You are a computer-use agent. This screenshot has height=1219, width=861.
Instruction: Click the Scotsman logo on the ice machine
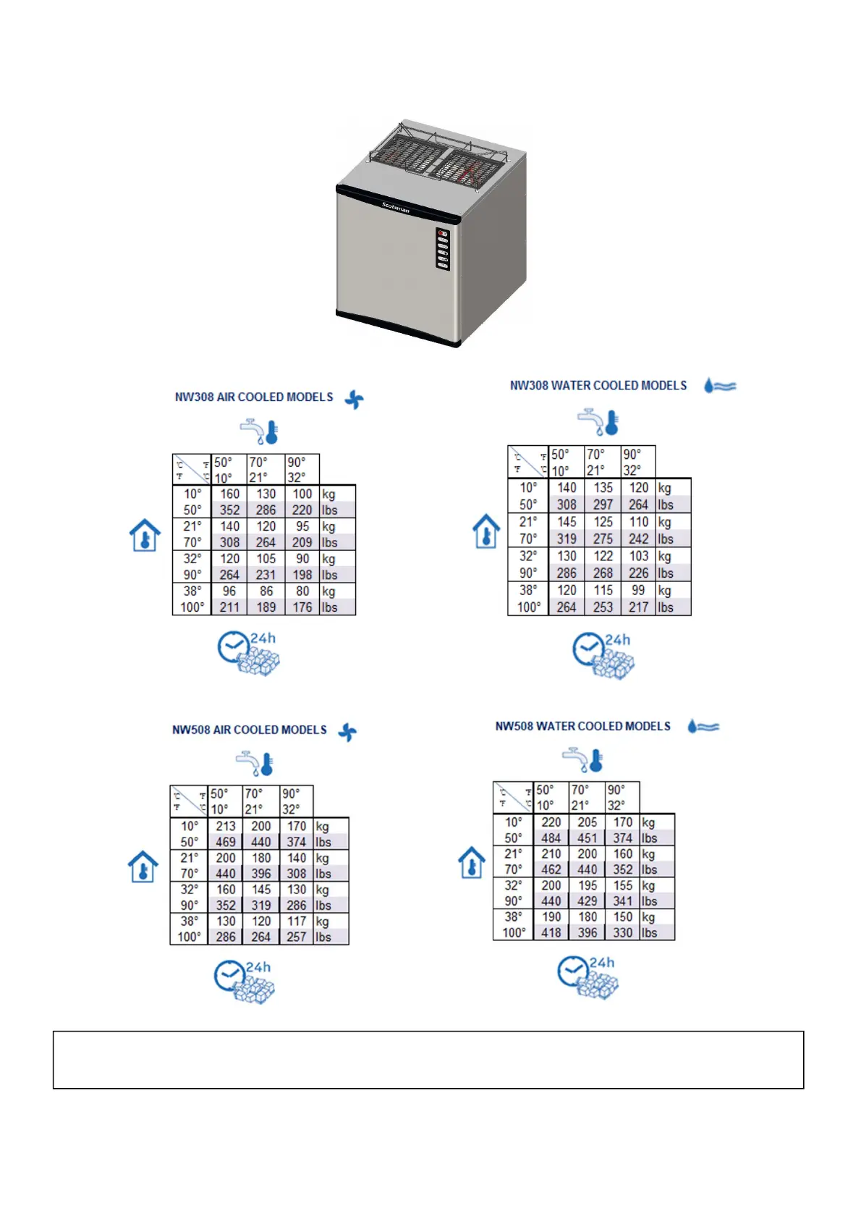[396, 207]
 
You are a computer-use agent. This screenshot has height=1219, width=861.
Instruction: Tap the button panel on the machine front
[443, 249]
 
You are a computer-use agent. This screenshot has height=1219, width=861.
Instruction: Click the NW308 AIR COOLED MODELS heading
[254, 397]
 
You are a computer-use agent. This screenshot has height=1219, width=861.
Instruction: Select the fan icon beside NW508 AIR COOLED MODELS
[348, 732]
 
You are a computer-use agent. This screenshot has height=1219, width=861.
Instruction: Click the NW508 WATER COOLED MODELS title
[582, 726]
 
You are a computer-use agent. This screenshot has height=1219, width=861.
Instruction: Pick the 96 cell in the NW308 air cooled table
[229, 591]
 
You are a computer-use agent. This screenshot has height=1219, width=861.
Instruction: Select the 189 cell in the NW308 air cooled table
[266, 607]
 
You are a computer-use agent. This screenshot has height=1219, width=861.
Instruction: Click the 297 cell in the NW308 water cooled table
[603, 505]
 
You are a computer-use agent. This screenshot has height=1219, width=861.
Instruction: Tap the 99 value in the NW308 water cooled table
[638, 591]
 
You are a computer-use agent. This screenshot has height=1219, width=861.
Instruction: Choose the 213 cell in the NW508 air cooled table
[226, 826]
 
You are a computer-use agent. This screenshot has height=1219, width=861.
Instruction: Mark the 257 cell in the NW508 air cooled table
[297, 937]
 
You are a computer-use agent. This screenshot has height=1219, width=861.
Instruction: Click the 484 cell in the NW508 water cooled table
[551, 838]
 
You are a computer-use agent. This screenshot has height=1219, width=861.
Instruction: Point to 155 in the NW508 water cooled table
[622, 885]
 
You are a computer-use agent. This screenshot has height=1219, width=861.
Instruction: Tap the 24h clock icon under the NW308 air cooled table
[247, 653]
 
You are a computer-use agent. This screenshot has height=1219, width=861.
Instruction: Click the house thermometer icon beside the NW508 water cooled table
[472, 863]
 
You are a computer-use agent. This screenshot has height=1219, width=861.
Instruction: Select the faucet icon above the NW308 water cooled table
[600, 422]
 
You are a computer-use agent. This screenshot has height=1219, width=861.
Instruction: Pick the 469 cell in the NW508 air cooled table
[226, 842]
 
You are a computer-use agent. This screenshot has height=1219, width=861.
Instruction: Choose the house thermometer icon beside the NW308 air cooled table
[145, 536]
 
